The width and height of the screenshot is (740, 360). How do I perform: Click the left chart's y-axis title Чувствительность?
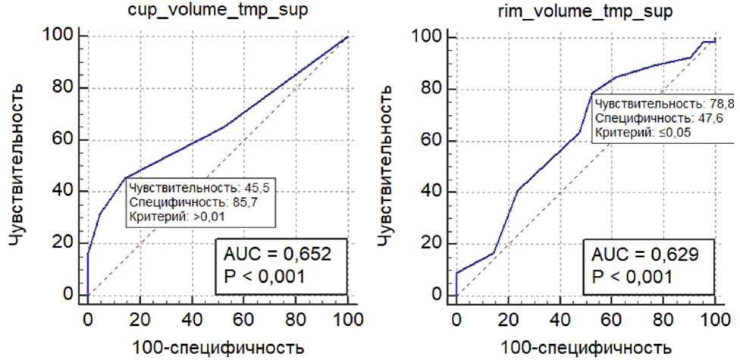(x=20, y=164)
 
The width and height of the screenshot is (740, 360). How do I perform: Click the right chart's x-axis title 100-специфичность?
(x=585, y=348)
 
